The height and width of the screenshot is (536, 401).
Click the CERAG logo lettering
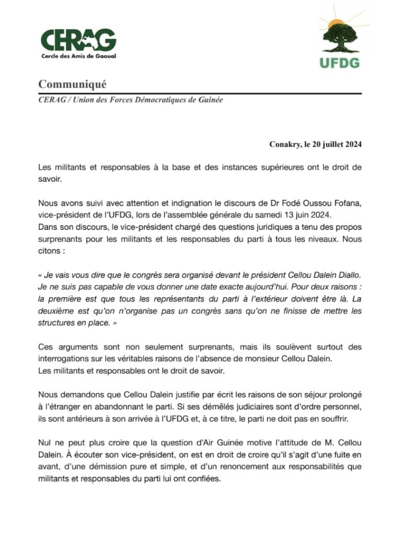(x=78, y=39)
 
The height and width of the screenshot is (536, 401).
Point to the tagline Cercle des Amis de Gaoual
(x=78, y=56)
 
